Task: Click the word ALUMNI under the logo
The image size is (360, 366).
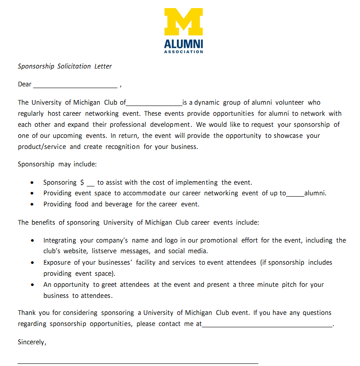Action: click(184, 44)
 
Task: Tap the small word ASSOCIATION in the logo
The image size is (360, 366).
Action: click(184, 52)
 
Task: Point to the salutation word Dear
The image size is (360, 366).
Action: click(25, 84)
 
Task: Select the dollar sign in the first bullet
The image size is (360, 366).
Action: click(82, 183)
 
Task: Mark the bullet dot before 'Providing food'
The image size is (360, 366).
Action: click(33, 204)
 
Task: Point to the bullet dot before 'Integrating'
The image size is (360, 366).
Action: click(33, 240)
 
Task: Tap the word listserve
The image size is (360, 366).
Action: click(105, 251)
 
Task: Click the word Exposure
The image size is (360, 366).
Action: click(57, 263)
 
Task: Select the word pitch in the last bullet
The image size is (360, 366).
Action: click(289, 285)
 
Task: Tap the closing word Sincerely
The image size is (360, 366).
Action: click(32, 342)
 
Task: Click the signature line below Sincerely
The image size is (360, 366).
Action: click(138, 363)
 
